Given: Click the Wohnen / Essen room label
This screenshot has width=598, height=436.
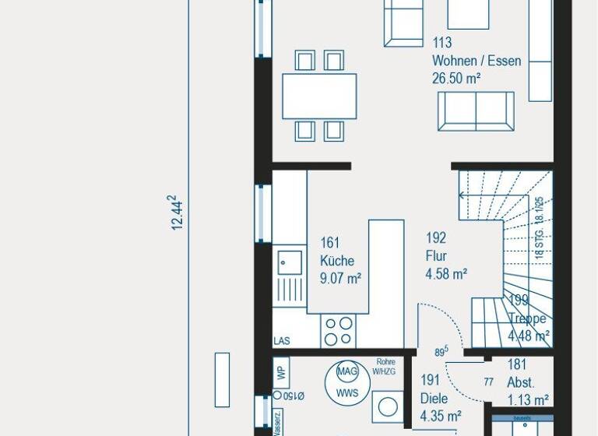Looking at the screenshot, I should (x=477, y=61).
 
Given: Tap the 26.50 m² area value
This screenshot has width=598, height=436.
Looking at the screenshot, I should (x=456, y=78).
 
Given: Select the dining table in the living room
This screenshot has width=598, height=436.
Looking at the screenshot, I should (x=319, y=96).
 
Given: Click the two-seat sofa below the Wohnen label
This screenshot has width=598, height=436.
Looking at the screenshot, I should (x=476, y=111).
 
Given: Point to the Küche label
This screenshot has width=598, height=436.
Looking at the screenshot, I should (x=336, y=261).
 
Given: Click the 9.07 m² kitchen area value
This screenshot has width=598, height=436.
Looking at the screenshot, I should (x=340, y=277).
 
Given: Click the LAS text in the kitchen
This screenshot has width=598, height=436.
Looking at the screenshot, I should (x=282, y=341).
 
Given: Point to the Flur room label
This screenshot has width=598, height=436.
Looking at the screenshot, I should (x=435, y=256).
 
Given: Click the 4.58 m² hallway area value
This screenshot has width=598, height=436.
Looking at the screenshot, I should (x=446, y=273).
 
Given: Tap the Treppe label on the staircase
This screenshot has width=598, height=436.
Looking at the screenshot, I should (x=527, y=318).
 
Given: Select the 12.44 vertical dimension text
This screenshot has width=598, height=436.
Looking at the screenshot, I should (x=178, y=213).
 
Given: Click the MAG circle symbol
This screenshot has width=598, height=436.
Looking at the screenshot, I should (x=347, y=372).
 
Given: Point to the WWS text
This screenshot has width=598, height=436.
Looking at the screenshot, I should (x=347, y=392).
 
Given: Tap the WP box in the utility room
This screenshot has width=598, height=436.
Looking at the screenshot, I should (x=282, y=372).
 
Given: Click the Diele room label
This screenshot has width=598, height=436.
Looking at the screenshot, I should (x=434, y=399).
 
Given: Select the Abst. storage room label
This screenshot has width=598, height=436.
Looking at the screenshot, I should (x=520, y=382).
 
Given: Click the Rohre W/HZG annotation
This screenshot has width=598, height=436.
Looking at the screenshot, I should (x=384, y=366).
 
